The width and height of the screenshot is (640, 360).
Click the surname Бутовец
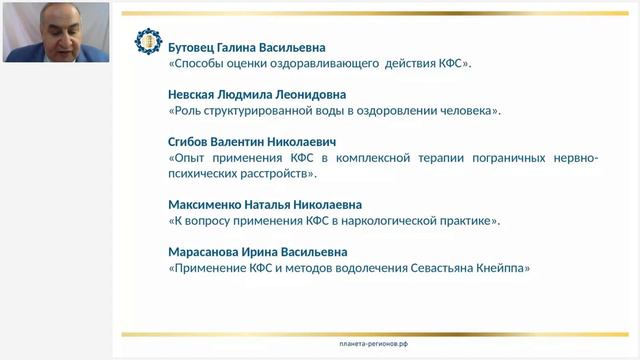(x=197, y=47)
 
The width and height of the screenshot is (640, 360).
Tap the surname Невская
(x=198, y=94)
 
